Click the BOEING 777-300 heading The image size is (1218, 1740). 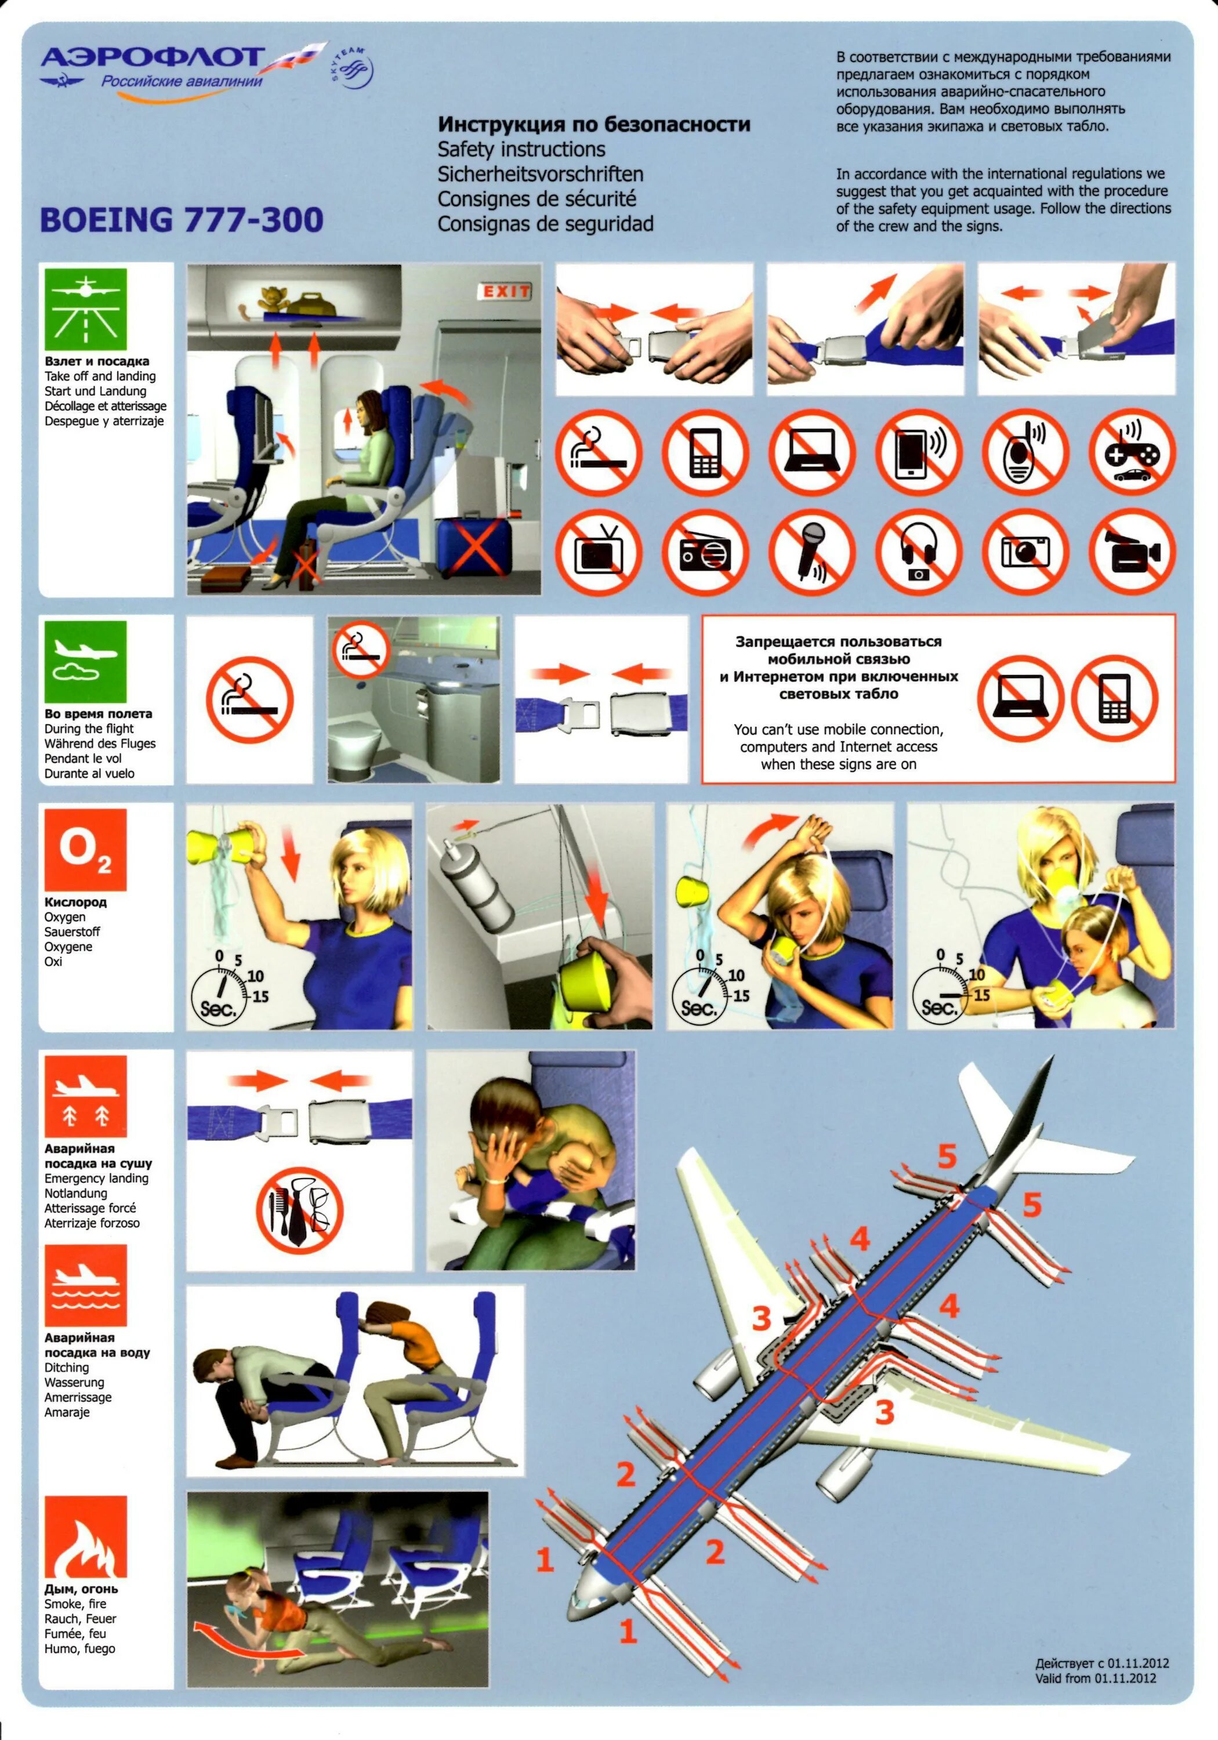pyautogui.click(x=182, y=220)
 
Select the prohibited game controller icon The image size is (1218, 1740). pyautogui.click(x=1132, y=452)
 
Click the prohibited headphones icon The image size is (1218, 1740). pyautogui.click(x=919, y=552)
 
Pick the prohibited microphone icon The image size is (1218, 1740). pyautogui.click(x=812, y=552)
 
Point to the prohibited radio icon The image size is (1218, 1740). pyautogui.click(x=705, y=552)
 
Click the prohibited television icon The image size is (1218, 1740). pyautogui.click(x=599, y=552)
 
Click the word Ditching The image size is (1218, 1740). pyautogui.click(x=67, y=1368)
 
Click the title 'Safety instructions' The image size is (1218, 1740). pyautogui.click(x=521, y=149)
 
